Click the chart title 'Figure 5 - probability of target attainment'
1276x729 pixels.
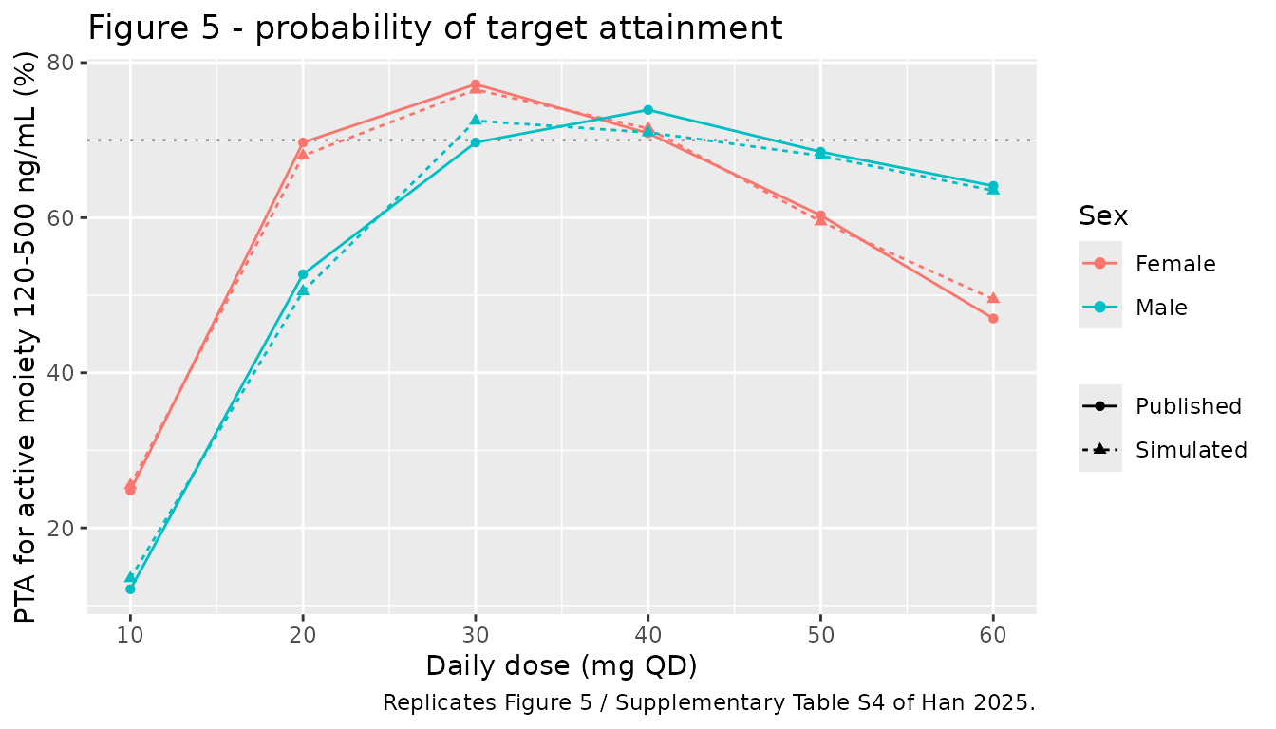tap(435, 28)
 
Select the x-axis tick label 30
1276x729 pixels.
tap(475, 635)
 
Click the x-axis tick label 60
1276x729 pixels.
tap(993, 635)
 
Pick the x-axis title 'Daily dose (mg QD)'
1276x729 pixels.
tap(562, 666)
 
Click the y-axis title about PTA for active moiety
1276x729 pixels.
tap(25, 337)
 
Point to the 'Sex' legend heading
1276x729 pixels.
tap(1103, 216)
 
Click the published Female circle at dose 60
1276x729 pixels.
tap(993, 318)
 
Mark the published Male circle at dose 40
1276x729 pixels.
tap(647, 110)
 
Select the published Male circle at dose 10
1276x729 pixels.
tap(130, 589)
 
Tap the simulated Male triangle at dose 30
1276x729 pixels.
tap(475, 121)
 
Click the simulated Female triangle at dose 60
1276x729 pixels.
tap(993, 298)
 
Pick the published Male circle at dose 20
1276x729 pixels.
tap(303, 274)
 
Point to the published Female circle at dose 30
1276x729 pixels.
tap(475, 85)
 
